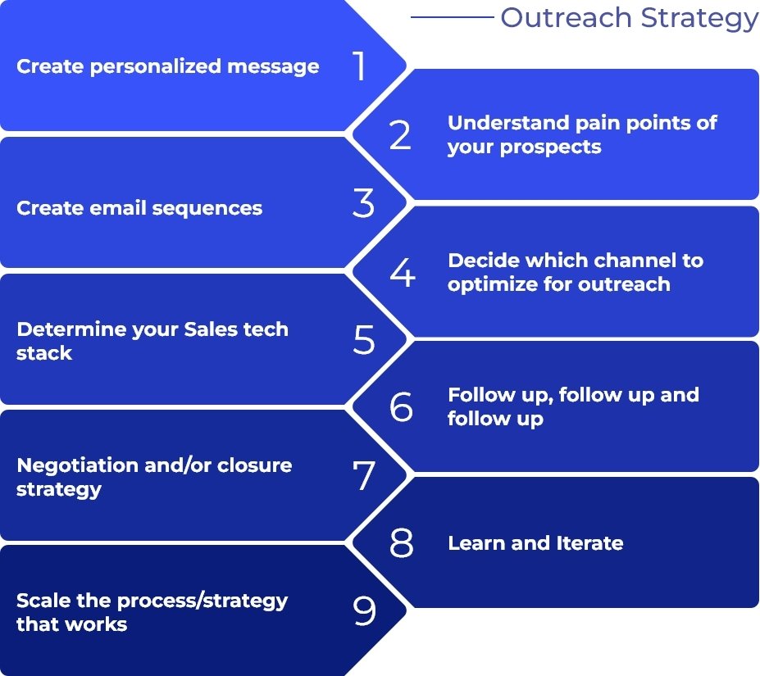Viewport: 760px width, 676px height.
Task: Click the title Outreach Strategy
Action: [629, 17]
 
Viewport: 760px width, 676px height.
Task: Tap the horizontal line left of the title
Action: [452, 17]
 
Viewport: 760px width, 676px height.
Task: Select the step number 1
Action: [360, 66]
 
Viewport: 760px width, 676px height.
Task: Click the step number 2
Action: [400, 135]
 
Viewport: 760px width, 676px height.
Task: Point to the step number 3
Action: [363, 204]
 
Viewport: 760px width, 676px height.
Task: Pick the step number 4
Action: [402, 273]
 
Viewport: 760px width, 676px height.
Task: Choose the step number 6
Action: [401, 407]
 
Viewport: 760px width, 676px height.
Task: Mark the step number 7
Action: [364, 476]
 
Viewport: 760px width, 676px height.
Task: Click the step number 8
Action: [401, 543]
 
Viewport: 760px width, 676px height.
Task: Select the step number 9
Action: [364, 611]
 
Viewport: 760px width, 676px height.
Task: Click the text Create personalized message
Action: [168, 66]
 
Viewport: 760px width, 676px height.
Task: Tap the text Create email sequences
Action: [139, 208]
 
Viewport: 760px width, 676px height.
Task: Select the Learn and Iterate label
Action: [535, 543]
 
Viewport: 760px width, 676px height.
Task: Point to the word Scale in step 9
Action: [38, 601]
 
